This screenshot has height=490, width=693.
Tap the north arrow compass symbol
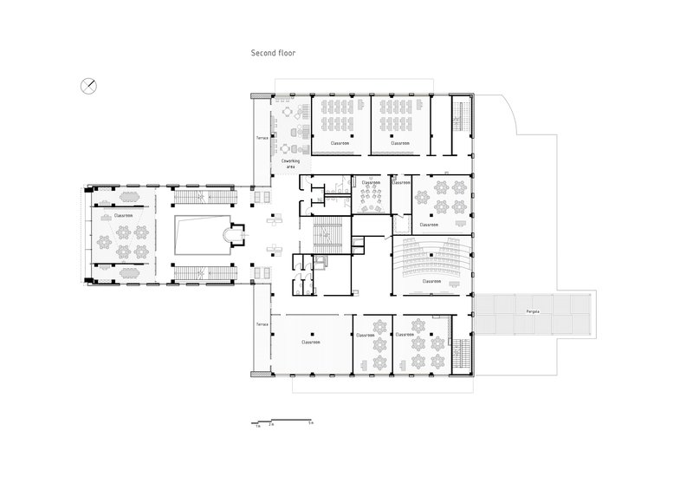coord(88,84)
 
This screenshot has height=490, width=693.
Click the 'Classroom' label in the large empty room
coord(310,342)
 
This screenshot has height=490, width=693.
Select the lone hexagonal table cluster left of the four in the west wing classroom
coord(102,237)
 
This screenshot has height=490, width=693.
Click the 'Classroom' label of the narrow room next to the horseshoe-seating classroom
coord(400,183)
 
